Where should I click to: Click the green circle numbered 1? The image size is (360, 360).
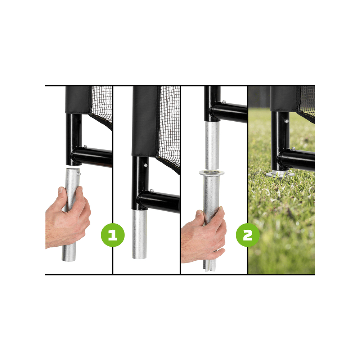pos(113,235)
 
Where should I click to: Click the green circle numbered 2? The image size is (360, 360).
pos(248,235)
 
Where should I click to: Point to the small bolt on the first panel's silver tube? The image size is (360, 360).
pos(78,174)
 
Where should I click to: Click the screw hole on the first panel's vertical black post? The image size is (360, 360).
pos(79,121)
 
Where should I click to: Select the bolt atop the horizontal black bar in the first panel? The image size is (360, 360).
pos(85,147)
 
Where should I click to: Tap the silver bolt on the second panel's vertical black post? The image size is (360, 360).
pos(145,165)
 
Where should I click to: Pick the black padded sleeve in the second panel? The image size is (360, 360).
pos(144,121)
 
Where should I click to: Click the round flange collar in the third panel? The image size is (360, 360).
pos(211,173)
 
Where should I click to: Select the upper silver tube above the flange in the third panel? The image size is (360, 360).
pos(212,146)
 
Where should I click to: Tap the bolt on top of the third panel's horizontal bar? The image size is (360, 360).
pos(224,102)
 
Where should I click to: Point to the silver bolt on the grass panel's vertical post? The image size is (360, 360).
pos(286,121)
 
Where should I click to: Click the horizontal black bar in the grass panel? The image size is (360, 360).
pos(296,159)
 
